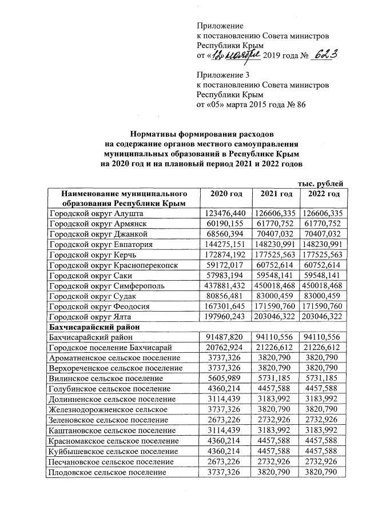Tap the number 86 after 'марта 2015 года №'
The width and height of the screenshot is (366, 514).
(301, 105)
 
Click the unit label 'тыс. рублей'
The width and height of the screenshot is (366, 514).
(320, 182)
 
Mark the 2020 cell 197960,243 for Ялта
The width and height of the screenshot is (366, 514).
(227, 317)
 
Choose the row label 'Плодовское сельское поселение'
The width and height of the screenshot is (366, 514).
(108, 473)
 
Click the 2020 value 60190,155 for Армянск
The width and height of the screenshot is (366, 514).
(227, 224)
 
